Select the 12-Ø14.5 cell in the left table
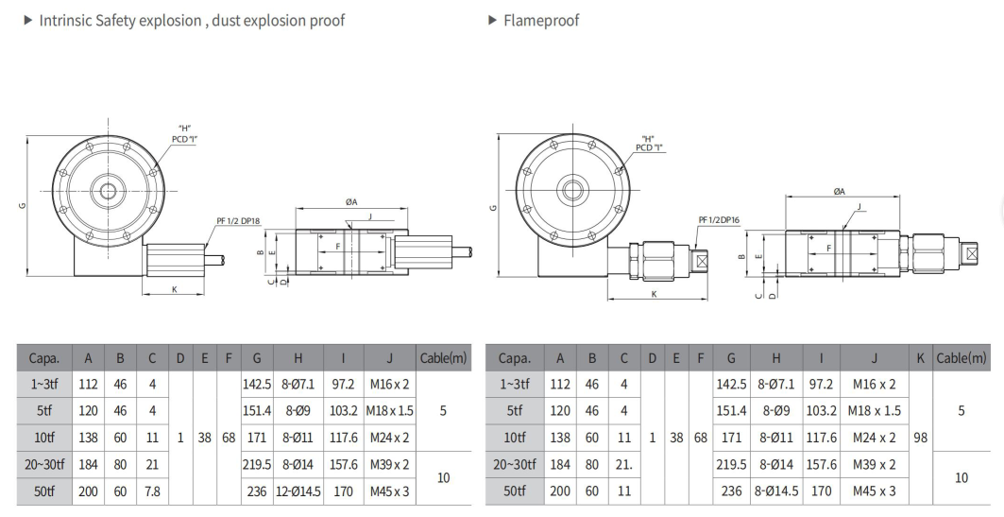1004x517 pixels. tap(298, 491)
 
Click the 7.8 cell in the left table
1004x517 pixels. tap(151, 491)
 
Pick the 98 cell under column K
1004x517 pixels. tap(920, 438)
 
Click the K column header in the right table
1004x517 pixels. tap(920, 358)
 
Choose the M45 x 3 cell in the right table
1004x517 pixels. tap(875, 491)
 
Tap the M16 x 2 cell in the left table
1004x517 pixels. tap(389, 384)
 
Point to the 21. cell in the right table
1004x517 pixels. tap(624, 464)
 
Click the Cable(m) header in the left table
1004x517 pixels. tap(443, 358)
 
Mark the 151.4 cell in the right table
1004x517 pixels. tap(731, 411)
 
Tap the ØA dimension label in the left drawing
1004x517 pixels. tap(351, 202)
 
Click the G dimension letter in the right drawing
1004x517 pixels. tap(493, 207)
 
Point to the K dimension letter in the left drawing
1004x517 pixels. tap(175, 289)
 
